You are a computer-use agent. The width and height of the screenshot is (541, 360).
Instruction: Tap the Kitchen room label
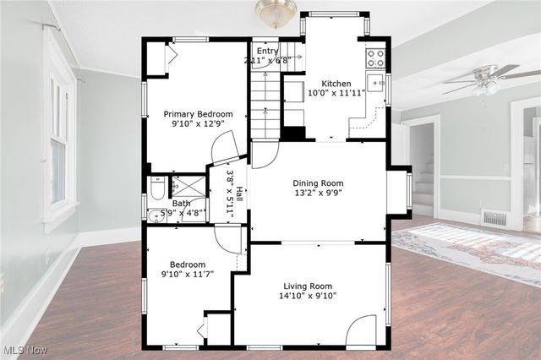tap(336, 84)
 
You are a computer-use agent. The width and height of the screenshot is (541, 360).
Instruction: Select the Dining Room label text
tap(318, 183)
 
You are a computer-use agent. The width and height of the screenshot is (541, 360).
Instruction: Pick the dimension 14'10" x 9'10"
tap(309, 297)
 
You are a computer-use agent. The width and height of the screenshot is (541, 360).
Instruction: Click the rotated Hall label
tap(240, 194)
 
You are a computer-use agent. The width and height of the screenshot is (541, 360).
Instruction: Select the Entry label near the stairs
tap(267, 51)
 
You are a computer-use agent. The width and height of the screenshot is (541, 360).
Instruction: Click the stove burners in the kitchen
tap(374, 57)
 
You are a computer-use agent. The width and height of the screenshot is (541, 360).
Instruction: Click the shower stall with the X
tap(188, 185)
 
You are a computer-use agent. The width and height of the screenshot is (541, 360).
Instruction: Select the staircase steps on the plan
tap(265, 103)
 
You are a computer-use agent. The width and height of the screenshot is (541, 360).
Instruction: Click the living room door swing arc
tap(361, 330)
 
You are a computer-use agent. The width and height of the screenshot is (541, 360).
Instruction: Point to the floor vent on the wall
tap(495, 218)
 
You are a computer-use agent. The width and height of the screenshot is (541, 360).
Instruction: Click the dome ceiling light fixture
tap(276, 11)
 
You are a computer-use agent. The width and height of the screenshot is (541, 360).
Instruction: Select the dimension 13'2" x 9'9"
tap(318, 195)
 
